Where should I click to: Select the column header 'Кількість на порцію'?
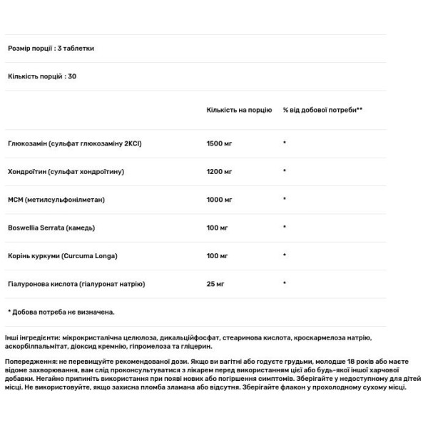click(239, 111)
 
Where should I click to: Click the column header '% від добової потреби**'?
click(323, 111)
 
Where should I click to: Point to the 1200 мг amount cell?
click(220, 171)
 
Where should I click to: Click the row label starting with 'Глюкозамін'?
click(75, 143)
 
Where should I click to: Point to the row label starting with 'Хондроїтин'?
click(66, 171)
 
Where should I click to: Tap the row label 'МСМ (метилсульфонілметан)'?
click(56, 200)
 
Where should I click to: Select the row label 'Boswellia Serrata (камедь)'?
click(51, 228)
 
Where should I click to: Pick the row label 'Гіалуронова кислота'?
click(77, 284)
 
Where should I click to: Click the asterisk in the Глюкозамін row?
click(285, 143)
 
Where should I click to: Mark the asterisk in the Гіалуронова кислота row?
click(285, 284)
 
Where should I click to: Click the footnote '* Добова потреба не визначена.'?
click(61, 312)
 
